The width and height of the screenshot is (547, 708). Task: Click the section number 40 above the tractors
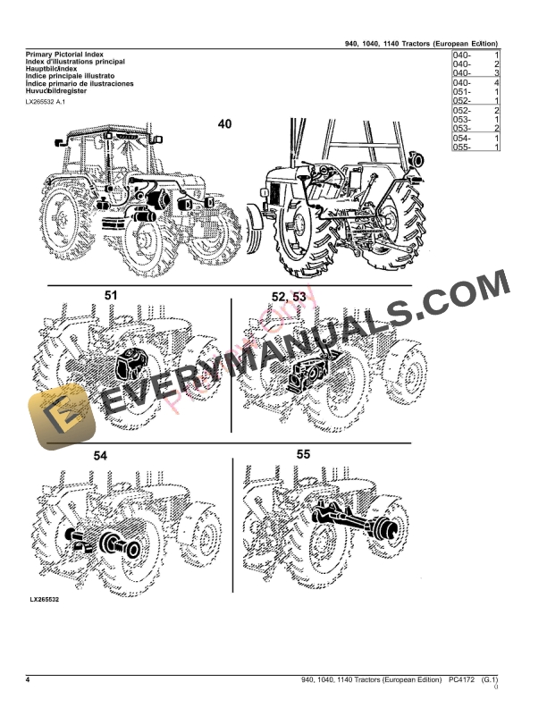(223, 124)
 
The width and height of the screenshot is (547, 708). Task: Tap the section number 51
(111, 294)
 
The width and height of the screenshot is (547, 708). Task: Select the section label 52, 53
(289, 296)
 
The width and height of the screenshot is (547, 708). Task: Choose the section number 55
(304, 454)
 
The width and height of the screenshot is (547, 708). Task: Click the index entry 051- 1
(475, 92)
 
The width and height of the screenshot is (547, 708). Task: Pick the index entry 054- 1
(475, 138)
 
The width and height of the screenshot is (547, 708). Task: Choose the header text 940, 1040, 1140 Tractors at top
(421, 43)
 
